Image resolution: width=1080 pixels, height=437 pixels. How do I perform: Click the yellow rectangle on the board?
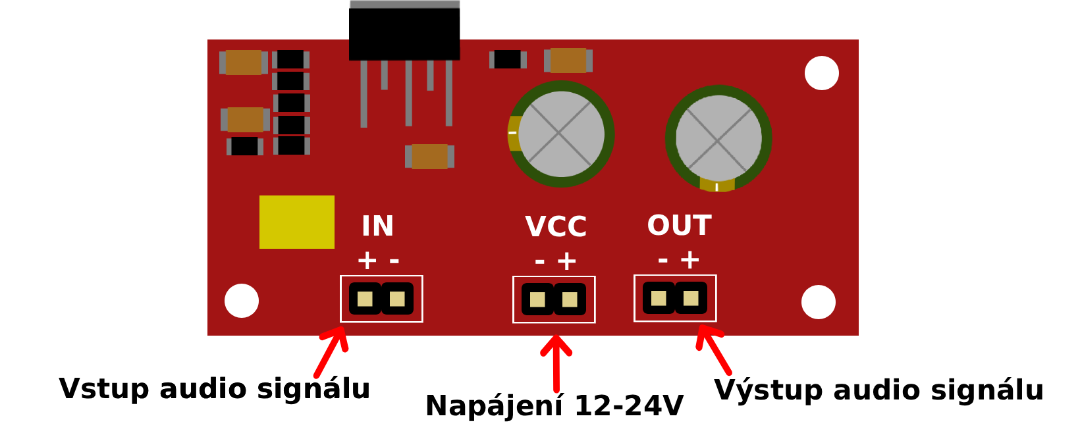point(297,222)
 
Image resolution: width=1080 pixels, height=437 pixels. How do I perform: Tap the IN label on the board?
point(377,226)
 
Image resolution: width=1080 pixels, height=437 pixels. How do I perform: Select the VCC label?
point(556,226)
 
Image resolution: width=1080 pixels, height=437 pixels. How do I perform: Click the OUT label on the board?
point(680,225)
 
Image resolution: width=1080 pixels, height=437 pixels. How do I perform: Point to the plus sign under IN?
point(367,261)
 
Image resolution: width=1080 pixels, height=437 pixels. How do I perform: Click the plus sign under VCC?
point(567,261)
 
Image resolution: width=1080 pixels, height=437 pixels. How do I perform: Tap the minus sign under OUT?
point(663,260)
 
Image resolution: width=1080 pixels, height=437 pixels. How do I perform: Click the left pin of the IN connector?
point(365,299)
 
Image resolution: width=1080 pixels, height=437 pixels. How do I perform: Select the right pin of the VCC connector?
point(570,299)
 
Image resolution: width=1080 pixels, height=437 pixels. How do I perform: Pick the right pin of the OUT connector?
point(691,298)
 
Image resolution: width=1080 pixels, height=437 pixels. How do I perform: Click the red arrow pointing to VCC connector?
point(556,363)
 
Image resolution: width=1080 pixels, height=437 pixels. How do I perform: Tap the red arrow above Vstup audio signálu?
point(331,351)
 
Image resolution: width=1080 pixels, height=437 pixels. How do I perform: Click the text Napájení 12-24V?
point(554,405)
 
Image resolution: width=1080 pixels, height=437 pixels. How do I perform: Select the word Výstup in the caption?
point(768,390)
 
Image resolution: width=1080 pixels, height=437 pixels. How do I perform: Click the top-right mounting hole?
point(822,73)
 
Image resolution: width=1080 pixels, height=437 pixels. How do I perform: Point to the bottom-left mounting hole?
point(242,301)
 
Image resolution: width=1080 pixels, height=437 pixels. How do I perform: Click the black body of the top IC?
point(404,34)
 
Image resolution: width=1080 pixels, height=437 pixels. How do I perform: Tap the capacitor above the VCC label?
point(561,134)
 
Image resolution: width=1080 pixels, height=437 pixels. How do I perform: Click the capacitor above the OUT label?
point(718,139)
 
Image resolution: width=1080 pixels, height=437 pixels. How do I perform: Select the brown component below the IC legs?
point(429,157)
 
